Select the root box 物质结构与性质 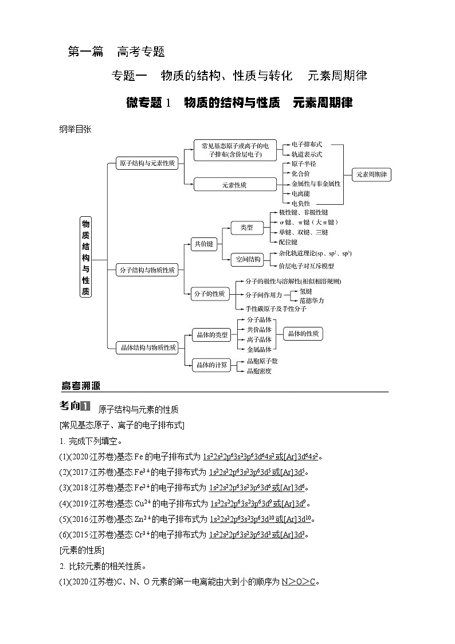[85, 256]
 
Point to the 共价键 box [204, 244]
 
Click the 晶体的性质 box [303, 334]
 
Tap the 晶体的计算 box [211, 365]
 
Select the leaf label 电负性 [300, 203]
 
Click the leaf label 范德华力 [312, 300]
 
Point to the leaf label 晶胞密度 [259, 371]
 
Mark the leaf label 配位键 [288, 242]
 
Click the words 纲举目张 [75, 129]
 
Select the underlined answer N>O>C [300, 581]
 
